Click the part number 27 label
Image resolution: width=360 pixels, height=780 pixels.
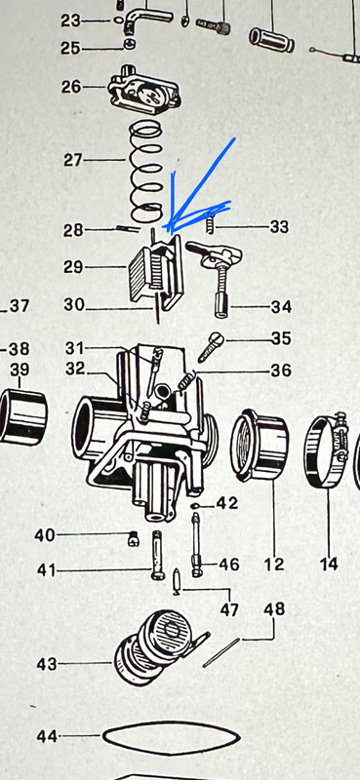[73, 160]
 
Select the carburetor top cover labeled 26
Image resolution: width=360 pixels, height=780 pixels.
[144, 90]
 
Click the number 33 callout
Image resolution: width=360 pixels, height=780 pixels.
[279, 227]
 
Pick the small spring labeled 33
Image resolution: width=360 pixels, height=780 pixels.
[211, 220]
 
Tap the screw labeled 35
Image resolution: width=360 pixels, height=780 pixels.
[211, 347]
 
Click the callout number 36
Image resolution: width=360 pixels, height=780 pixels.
[281, 370]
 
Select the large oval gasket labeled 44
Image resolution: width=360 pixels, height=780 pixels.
[172, 738]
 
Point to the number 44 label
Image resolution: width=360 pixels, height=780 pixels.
[47, 736]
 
